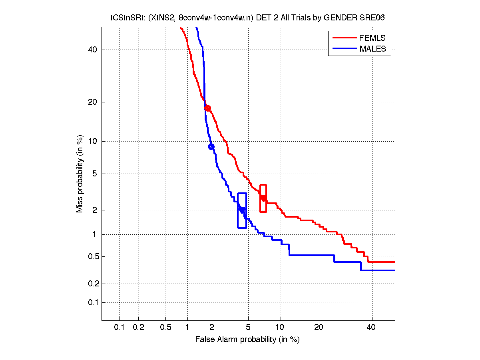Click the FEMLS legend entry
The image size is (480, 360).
click(x=372, y=38)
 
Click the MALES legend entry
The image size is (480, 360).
click(x=372, y=49)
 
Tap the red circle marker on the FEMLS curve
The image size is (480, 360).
click(x=207, y=108)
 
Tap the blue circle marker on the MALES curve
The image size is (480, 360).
click(x=211, y=146)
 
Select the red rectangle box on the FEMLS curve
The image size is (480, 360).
click(x=263, y=198)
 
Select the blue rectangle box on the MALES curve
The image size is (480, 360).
click(x=242, y=210)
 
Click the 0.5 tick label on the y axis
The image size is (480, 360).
click(x=92, y=256)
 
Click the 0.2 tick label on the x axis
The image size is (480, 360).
click(x=138, y=328)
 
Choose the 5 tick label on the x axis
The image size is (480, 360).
click(x=248, y=328)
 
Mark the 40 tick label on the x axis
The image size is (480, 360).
click(x=371, y=328)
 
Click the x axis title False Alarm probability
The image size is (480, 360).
click(x=247, y=340)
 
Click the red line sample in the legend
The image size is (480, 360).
click(x=345, y=38)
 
